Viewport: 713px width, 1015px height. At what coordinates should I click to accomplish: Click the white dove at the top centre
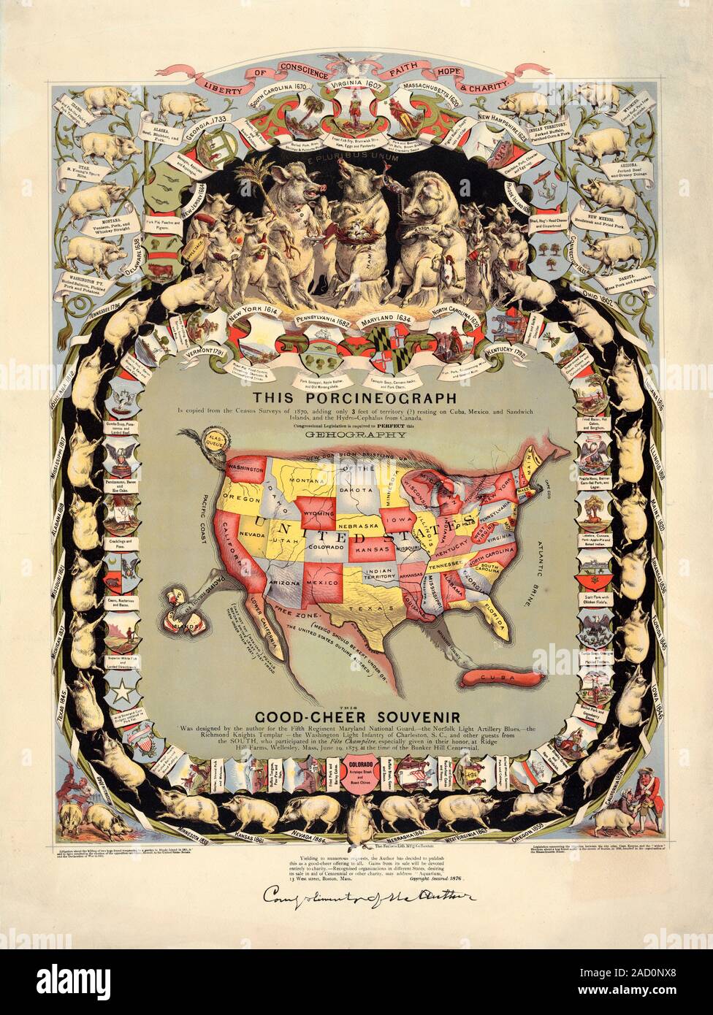[356, 66]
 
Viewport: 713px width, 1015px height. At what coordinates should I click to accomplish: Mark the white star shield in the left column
[118, 690]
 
